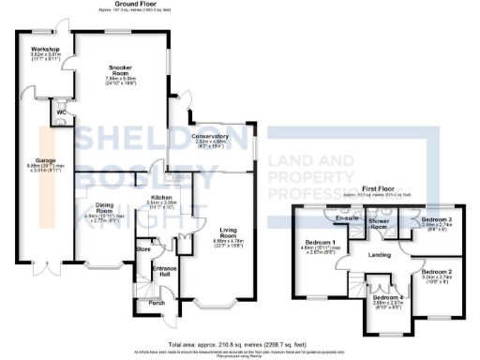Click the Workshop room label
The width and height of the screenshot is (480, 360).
pyautogui.click(x=45, y=47)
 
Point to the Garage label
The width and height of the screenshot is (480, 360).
pyautogui.click(x=46, y=159)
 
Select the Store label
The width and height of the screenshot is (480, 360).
pyautogui.click(x=143, y=250)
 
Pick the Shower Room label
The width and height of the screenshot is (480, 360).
pyautogui.click(x=379, y=224)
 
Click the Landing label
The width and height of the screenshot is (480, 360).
pyautogui.click(x=380, y=253)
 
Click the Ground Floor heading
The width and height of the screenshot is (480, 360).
pyautogui.click(x=134, y=4)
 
